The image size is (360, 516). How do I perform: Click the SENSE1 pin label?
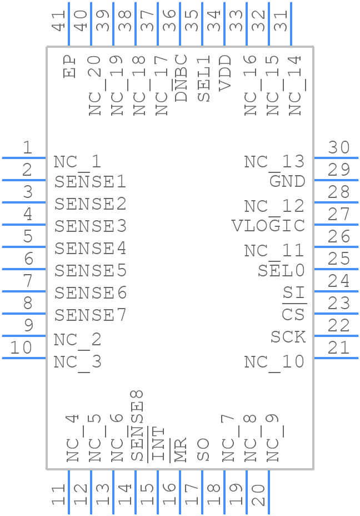[90, 181]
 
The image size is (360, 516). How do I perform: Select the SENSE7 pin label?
[90, 315]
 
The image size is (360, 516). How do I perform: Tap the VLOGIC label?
[268, 226]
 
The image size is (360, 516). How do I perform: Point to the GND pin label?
[287, 181]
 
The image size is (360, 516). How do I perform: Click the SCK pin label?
[288, 337]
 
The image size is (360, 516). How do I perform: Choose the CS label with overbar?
[293, 315]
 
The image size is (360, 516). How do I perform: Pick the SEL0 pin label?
[281, 271]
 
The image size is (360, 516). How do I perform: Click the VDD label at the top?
[225, 72]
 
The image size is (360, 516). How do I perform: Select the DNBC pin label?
[181, 78]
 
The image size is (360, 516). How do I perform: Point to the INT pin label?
[159, 444]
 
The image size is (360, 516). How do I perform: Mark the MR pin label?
[181, 449]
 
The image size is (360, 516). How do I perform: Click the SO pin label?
[203, 450]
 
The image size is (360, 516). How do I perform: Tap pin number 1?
[27, 147]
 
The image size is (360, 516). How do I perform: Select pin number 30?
[338, 147]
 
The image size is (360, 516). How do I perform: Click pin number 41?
[59, 21]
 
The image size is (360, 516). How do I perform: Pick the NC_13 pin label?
[274, 162]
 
